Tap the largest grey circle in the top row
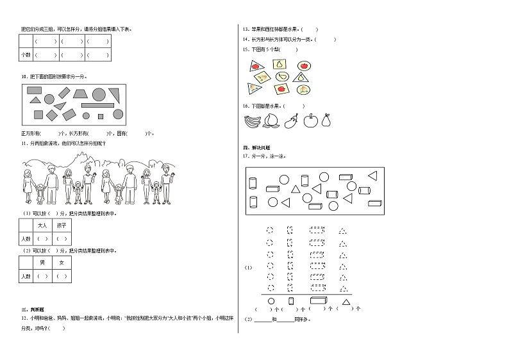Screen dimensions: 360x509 tap(99, 95)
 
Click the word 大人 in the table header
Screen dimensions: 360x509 tap(43, 225)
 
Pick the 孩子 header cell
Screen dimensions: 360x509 tap(62, 225)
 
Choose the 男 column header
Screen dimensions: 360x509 tap(42, 263)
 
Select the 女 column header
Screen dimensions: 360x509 tap(62, 263)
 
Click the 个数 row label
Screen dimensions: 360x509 tap(26, 55)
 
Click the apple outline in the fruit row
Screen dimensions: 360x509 tap(310, 120)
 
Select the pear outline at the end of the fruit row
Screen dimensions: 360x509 tap(326, 120)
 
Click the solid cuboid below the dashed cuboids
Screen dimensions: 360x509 tap(319, 300)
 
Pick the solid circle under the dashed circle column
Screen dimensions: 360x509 tap(271, 301)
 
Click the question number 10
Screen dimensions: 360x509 tap(24, 76)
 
